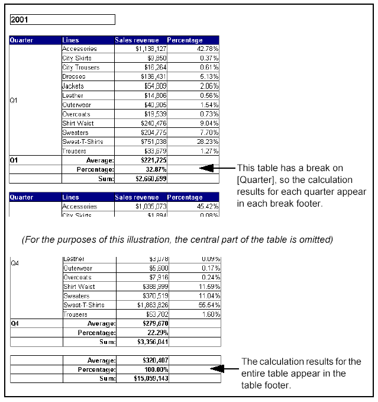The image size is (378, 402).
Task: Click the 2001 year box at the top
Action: pos(62,20)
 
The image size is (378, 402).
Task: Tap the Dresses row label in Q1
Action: pos(74,76)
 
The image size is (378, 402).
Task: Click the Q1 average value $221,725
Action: pos(153,160)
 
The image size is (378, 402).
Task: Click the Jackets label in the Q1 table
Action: pos(73,86)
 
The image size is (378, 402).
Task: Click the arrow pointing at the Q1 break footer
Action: pos(210,168)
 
